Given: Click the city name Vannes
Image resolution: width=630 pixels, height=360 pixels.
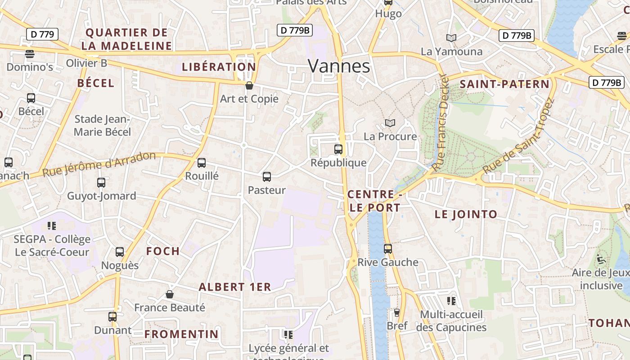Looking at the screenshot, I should click(x=339, y=66).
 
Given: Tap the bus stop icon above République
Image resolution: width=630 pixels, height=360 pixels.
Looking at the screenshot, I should click(x=338, y=149).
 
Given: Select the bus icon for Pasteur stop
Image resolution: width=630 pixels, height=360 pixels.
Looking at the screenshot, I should click(x=267, y=177).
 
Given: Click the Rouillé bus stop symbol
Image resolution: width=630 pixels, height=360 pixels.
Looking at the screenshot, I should click(x=202, y=163).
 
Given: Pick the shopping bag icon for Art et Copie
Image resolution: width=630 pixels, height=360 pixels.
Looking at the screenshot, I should click(x=249, y=85).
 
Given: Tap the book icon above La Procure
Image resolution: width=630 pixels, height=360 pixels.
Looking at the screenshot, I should click(x=390, y=123).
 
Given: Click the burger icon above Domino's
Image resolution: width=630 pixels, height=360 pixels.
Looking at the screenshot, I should click(x=30, y=54).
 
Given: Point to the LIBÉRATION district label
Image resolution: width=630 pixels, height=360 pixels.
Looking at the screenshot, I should click(x=219, y=67).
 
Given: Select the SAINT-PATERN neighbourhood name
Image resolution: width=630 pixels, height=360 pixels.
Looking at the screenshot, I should click(x=504, y=84).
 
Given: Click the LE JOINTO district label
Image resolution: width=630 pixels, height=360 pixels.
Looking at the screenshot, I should click(x=466, y=214).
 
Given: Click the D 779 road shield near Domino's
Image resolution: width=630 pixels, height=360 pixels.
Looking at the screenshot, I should click(x=42, y=34).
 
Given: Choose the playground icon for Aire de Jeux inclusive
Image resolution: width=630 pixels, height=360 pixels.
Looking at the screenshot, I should click(x=601, y=259).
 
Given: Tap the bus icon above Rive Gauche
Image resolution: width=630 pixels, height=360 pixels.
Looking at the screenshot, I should click(x=387, y=249).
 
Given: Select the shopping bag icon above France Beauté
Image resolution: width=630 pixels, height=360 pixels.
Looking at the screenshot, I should click(x=170, y=294).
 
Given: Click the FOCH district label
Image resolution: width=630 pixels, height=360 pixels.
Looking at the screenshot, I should click(x=163, y=251).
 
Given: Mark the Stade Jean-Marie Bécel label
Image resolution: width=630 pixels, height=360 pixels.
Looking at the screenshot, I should click(x=103, y=126).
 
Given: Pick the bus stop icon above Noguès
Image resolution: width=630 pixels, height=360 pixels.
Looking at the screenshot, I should click(x=120, y=252).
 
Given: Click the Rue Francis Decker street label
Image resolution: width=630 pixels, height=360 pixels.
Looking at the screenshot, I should click(x=440, y=122).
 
